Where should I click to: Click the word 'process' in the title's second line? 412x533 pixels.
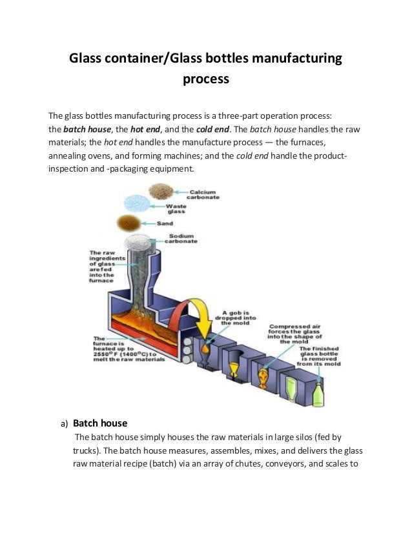[205, 81]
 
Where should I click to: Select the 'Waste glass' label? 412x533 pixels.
[176, 209]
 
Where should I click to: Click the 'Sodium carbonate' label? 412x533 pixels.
[183, 239]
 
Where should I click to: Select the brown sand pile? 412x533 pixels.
[128, 224]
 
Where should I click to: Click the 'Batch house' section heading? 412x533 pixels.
[100, 423]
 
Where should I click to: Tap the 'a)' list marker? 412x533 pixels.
[64, 425]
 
